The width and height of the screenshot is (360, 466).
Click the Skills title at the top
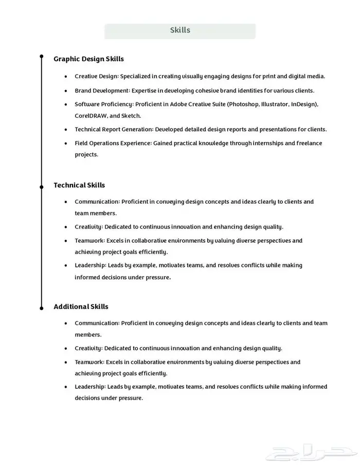(x=180, y=30)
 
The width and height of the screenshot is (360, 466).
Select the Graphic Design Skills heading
(x=88, y=59)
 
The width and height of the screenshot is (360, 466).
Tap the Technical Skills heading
(x=79, y=185)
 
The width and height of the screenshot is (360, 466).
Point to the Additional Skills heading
(x=81, y=307)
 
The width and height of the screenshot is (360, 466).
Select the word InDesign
(x=303, y=104)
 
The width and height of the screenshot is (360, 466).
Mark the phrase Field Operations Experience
(x=113, y=143)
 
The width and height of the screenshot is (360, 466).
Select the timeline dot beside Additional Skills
(x=42, y=308)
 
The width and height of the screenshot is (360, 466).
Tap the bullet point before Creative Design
(x=65, y=77)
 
